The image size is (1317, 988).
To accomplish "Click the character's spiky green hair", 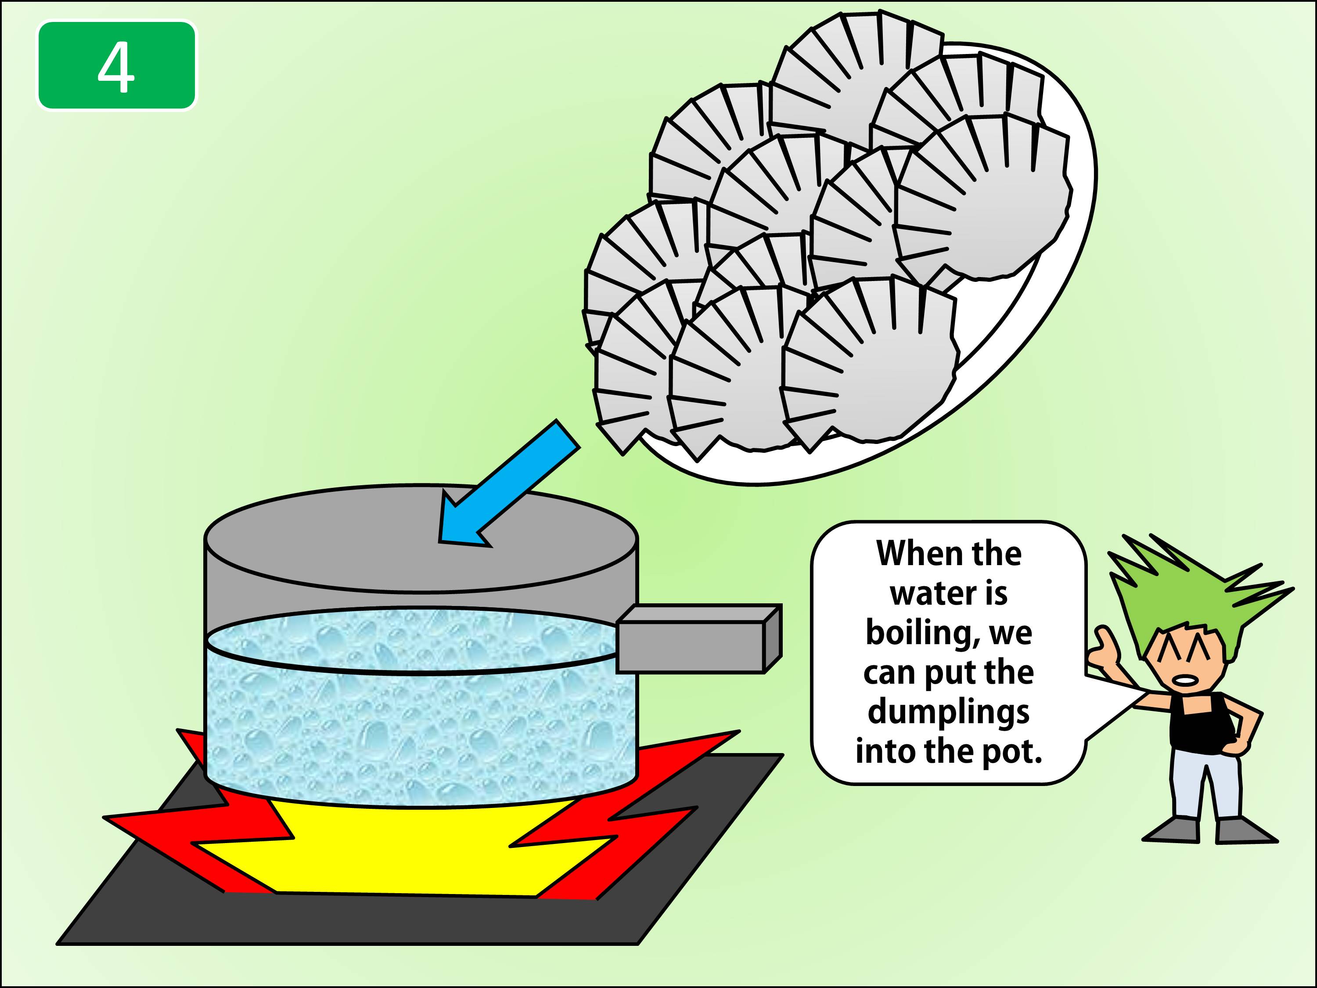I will pyautogui.click(x=1185, y=595).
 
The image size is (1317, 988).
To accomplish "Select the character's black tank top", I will pyautogui.click(x=1197, y=724).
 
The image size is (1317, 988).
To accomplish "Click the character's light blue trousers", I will pyautogui.click(x=1203, y=780).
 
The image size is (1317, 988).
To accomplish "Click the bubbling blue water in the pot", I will pyautogui.click(x=417, y=732).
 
